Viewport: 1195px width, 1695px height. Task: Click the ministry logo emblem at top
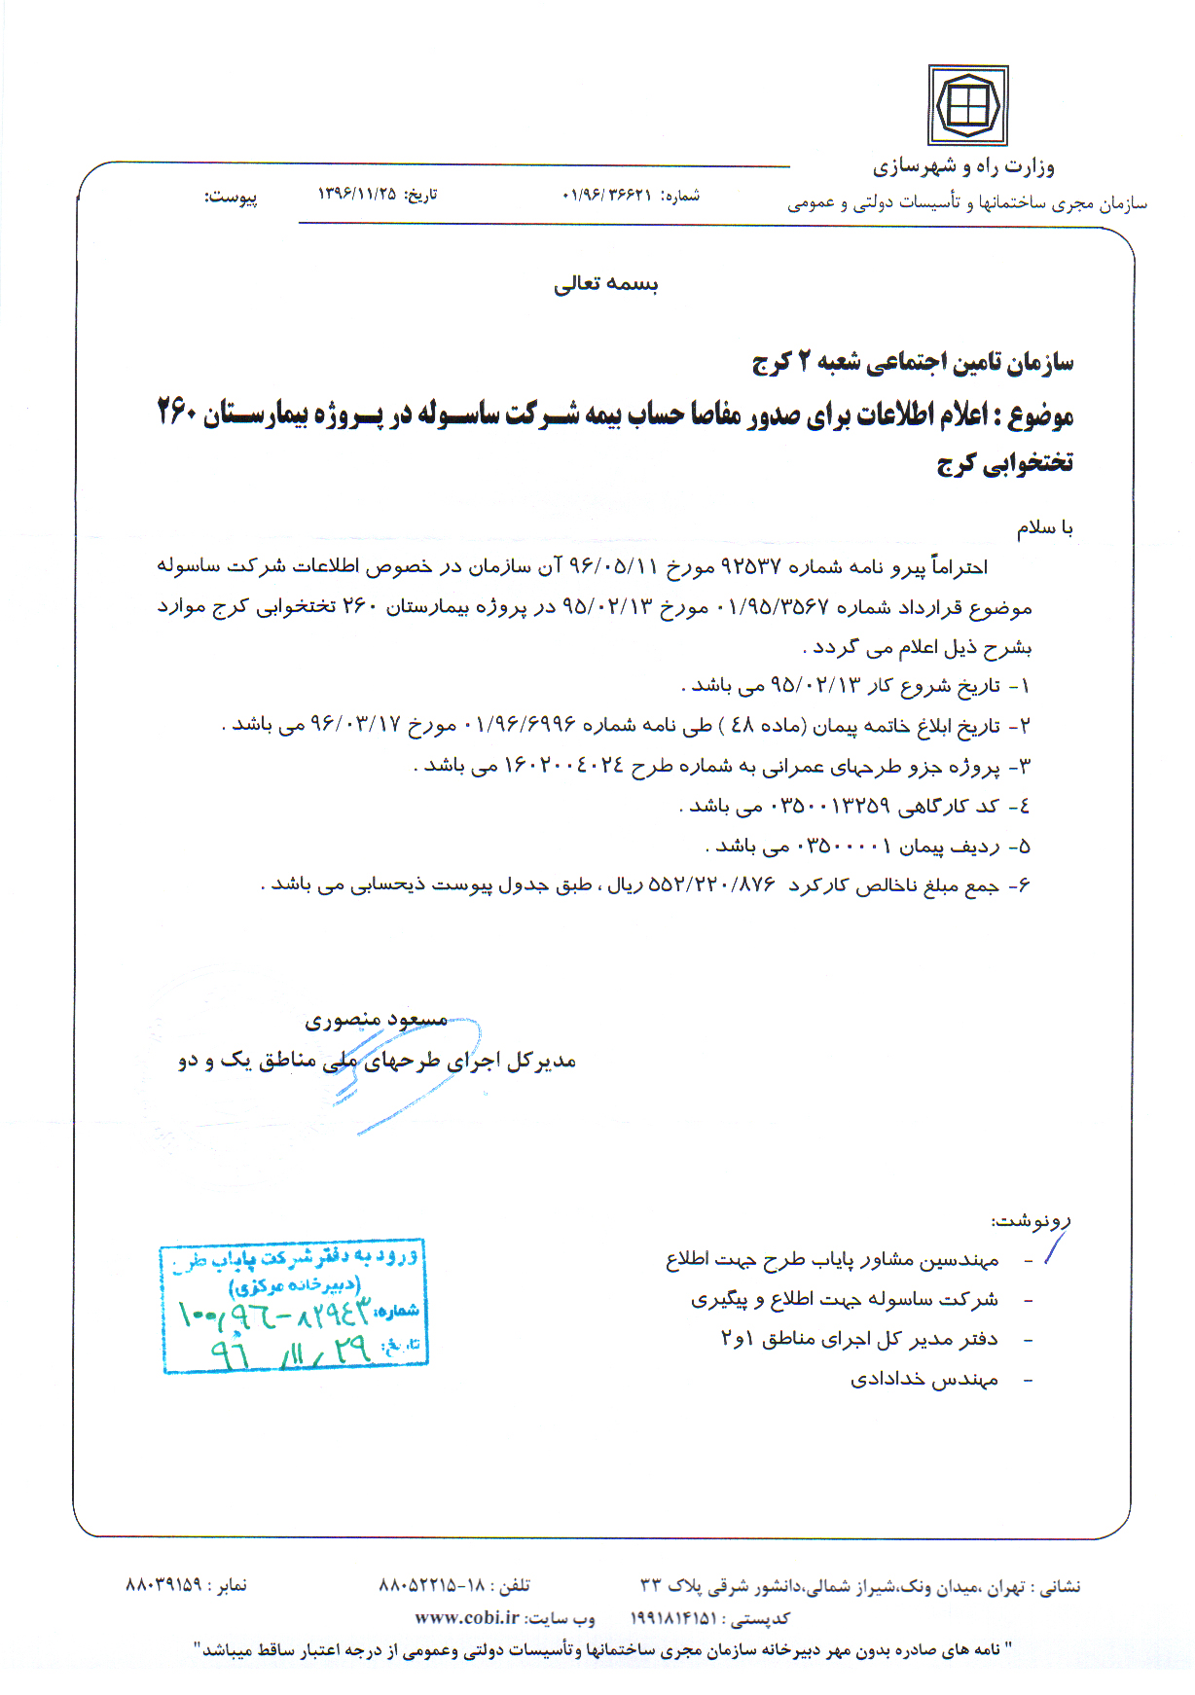click(x=967, y=105)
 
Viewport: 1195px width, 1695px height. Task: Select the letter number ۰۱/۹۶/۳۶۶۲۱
click(x=606, y=195)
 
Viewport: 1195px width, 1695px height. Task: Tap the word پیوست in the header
click(x=231, y=197)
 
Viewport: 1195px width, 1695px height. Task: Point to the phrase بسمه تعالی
click(x=605, y=283)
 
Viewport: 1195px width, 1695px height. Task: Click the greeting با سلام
click(x=1044, y=527)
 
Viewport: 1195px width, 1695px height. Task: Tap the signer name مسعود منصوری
click(x=376, y=1019)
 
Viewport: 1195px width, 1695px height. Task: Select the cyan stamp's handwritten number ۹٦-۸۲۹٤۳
click(x=274, y=1316)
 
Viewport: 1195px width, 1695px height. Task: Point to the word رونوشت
click(x=1032, y=1219)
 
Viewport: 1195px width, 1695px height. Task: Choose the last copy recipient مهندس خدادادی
click(x=924, y=1379)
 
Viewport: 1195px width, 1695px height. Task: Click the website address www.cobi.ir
click(x=467, y=1617)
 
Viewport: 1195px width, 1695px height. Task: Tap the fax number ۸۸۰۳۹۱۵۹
click(x=163, y=1584)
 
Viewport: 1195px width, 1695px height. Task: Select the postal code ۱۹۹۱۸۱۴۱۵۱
click(x=674, y=1618)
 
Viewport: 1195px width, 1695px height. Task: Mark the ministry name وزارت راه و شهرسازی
click(x=962, y=166)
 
